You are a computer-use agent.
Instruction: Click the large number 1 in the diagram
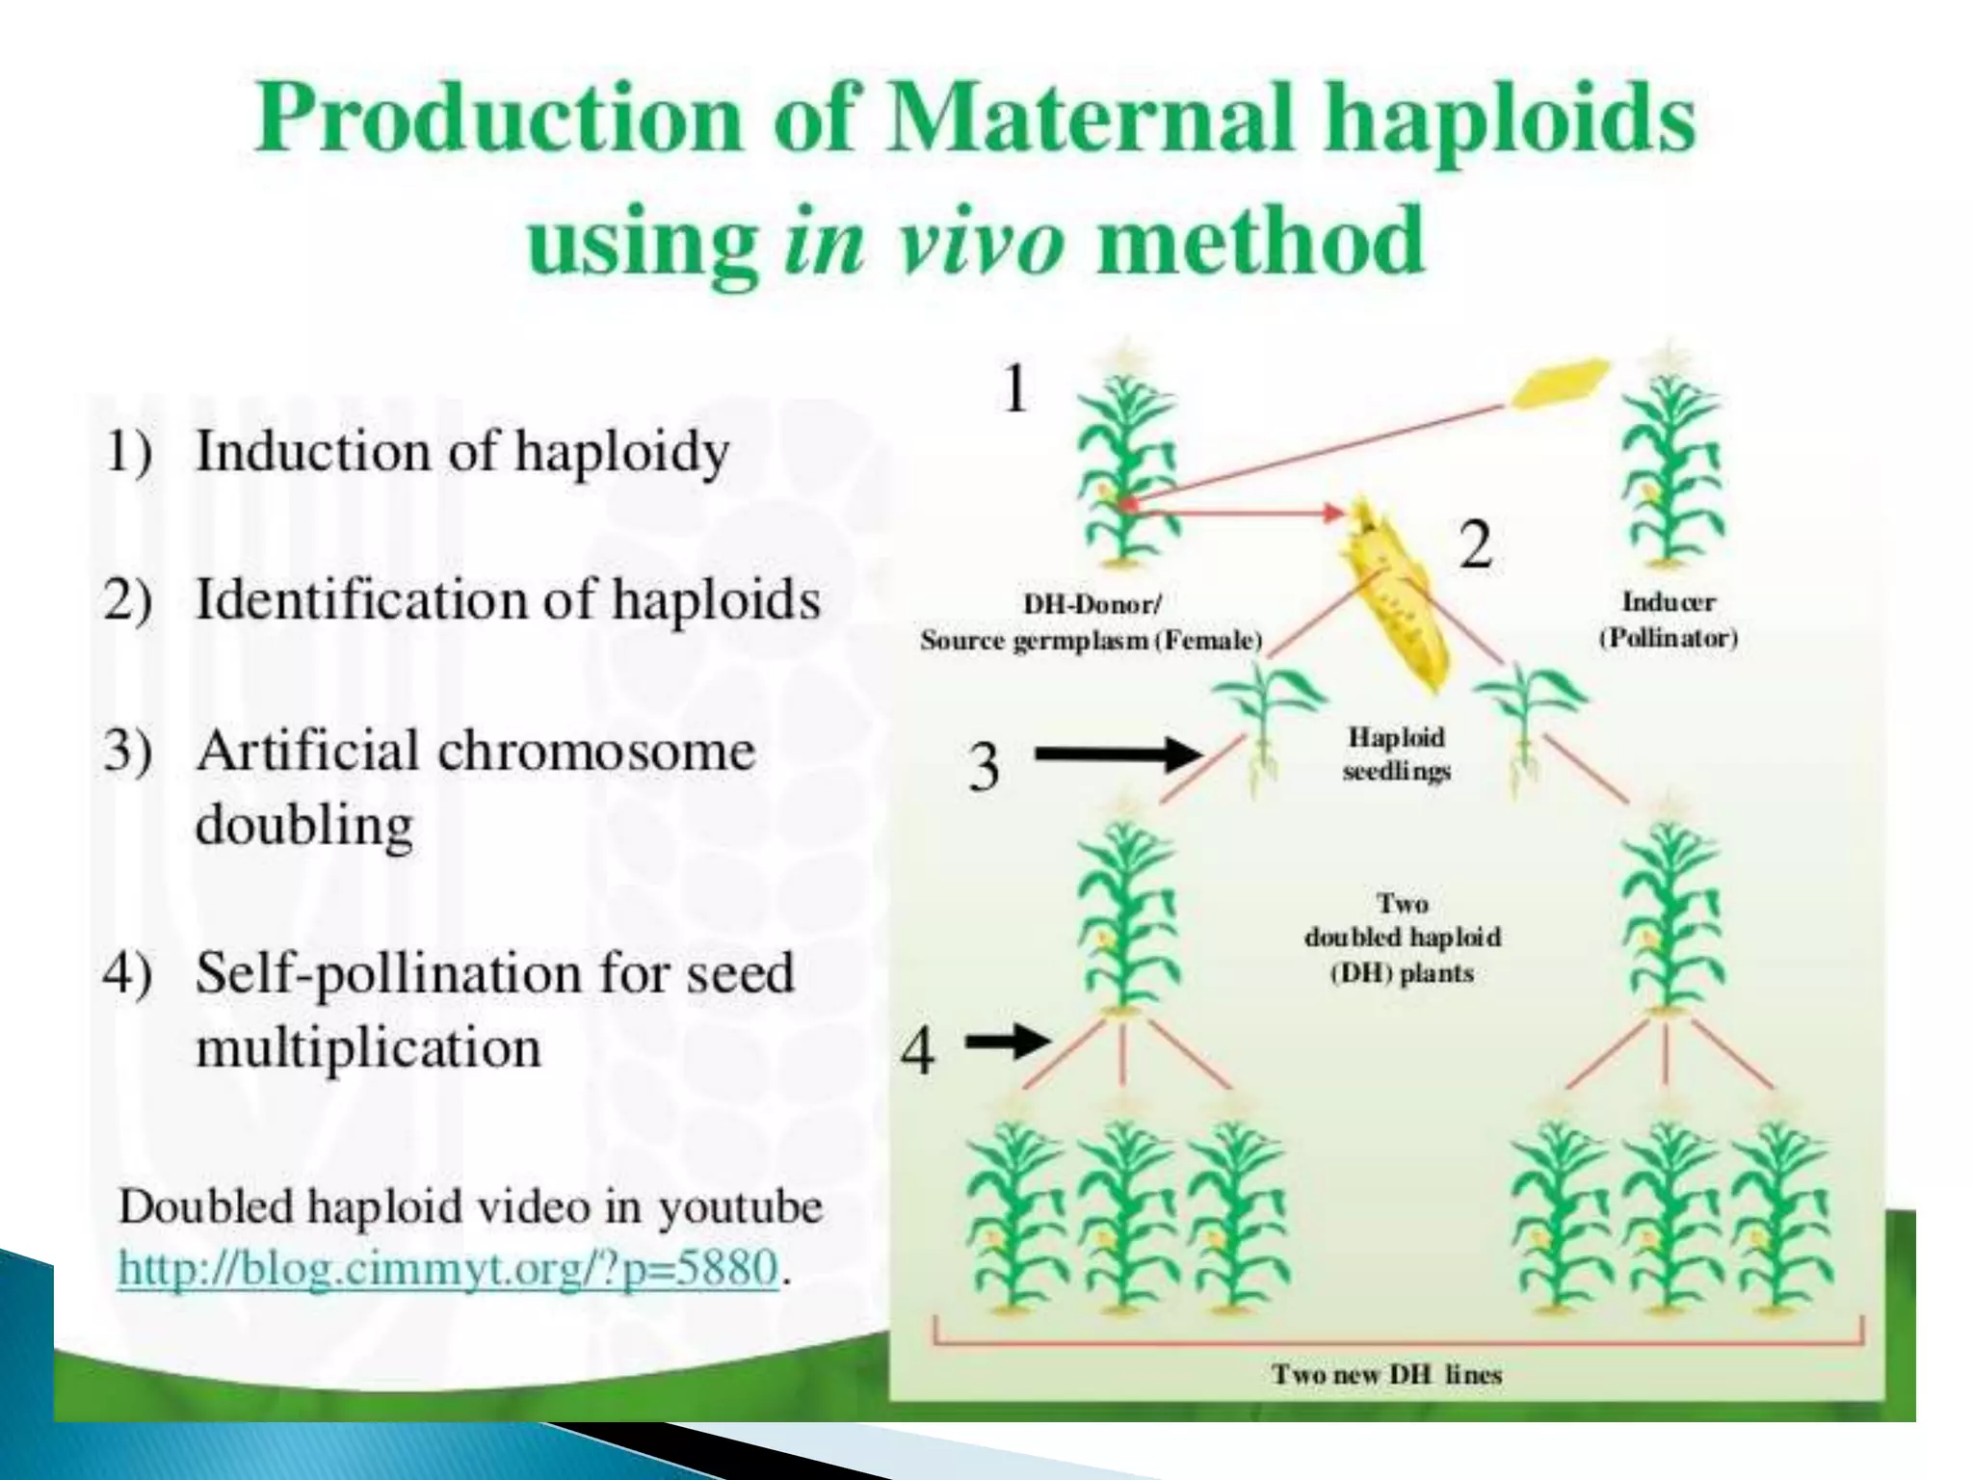(x=1014, y=388)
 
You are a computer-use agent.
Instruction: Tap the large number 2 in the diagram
(x=1475, y=544)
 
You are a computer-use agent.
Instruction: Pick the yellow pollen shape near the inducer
(x=1559, y=383)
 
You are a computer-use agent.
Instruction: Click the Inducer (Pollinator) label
(x=1669, y=620)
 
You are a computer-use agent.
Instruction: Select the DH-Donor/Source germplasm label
(x=1091, y=622)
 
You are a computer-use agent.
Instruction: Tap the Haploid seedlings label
(x=1396, y=753)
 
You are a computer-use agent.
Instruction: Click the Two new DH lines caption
(x=1386, y=1374)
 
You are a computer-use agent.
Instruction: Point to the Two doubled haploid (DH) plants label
(x=1402, y=938)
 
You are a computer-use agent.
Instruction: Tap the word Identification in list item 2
(x=360, y=599)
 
